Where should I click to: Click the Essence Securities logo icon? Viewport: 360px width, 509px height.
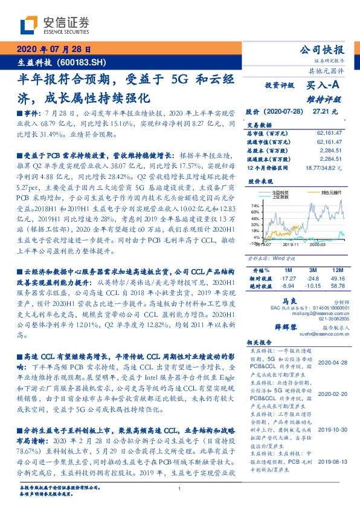tap(30, 24)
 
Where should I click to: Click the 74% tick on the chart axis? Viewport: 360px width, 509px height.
tap(256, 207)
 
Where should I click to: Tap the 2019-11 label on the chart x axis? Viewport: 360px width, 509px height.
tap(292, 244)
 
